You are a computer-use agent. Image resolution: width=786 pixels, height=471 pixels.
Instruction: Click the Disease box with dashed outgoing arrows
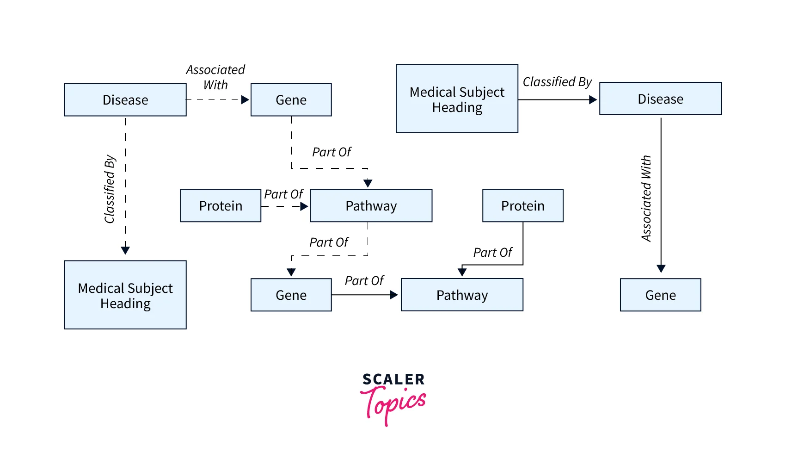[x=125, y=100]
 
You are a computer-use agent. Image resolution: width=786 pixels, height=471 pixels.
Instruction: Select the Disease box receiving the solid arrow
[x=660, y=99]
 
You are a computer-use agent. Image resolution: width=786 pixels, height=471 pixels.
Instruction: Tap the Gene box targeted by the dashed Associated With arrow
[x=291, y=100]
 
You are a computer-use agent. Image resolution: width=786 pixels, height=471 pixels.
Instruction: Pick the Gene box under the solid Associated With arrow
[x=660, y=295]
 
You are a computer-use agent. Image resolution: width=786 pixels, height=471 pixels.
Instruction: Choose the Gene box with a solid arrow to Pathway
[x=291, y=295]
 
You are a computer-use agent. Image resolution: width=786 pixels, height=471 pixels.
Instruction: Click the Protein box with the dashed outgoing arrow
[x=221, y=206]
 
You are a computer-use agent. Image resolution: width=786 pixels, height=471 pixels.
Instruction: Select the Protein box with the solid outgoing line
[x=522, y=206]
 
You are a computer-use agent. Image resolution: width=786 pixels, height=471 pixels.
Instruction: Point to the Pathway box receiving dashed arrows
[x=371, y=206]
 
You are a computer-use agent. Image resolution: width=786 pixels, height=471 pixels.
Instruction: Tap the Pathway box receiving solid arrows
[x=462, y=295]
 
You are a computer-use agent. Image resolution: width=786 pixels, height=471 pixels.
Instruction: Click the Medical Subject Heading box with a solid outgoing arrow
[x=457, y=99]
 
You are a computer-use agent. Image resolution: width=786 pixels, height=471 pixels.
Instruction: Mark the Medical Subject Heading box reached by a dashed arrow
[x=125, y=295]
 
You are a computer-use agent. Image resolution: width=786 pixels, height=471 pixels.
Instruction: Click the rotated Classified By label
[x=110, y=189]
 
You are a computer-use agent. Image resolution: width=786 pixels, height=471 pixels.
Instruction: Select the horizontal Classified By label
[x=557, y=82]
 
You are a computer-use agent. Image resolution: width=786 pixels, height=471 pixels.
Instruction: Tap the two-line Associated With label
[x=215, y=77]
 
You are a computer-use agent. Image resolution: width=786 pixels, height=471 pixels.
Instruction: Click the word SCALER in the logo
[x=393, y=379]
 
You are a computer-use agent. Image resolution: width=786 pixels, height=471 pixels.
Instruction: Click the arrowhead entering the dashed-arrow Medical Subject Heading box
[x=125, y=250]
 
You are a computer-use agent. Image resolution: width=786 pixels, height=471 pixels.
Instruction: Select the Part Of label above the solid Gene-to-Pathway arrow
[x=364, y=281]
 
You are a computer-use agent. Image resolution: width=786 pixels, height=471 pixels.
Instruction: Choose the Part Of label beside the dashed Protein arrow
[x=283, y=194]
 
